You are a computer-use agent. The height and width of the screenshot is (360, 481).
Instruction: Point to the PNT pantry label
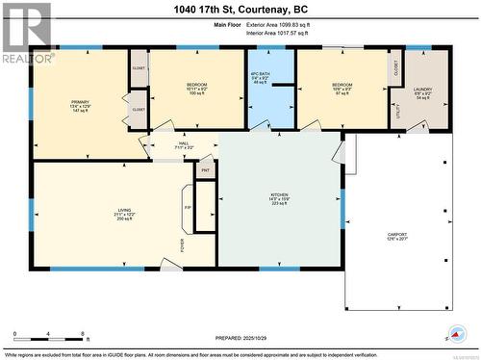click(205, 170)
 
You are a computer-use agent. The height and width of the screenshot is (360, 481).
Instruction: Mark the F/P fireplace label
click(188, 206)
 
